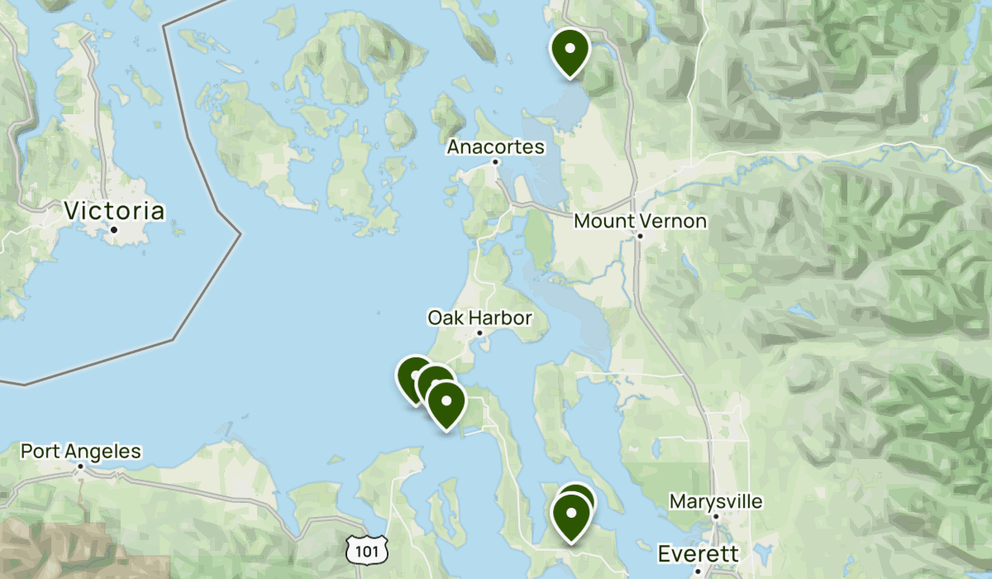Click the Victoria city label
click(114, 211)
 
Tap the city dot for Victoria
click(114, 229)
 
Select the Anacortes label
click(496, 147)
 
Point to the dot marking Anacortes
click(495, 162)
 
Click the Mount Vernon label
click(640, 221)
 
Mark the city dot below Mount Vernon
click(640, 236)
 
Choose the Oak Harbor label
click(479, 318)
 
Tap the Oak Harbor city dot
click(479, 333)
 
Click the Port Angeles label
click(81, 452)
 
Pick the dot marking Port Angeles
click(81, 467)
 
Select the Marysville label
click(716, 501)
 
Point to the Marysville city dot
click(716, 516)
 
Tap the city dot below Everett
click(698, 570)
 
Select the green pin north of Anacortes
click(570, 49)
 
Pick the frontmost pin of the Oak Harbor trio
click(446, 403)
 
